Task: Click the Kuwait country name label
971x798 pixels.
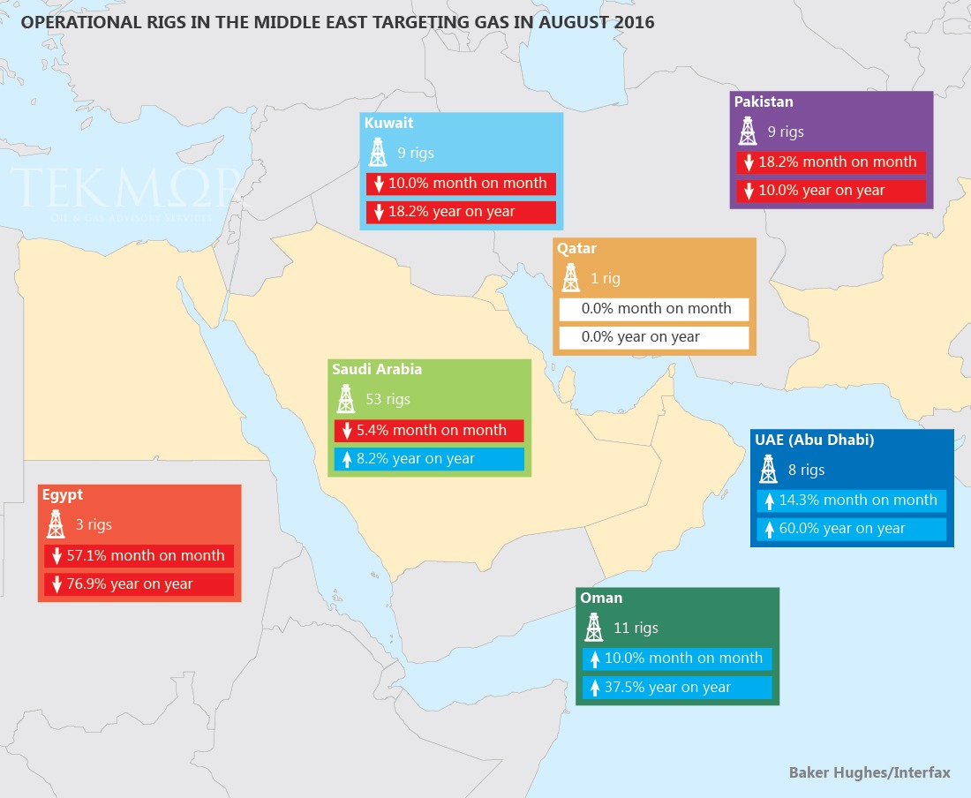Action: [x=388, y=124]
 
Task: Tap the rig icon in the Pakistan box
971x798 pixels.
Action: [x=748, y=132]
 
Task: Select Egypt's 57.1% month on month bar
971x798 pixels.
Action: [x=139, y=555]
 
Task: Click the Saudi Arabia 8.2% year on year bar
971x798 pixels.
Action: [x=429, y=459]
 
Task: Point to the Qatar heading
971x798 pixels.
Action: [x=576, y=249]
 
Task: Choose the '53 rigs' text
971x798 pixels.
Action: [x=388, y=399]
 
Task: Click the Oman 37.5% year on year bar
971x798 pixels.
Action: [x=677, y=688]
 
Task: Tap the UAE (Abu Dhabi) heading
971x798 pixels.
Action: [x=814, y=440]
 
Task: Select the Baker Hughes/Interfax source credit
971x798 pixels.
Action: [x=869, y=772]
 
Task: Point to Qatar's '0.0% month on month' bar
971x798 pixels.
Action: [x=654, y=309]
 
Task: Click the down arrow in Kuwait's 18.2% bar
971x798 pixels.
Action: [x=379, y=213]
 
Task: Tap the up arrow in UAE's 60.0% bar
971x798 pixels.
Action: [x=769, y=530]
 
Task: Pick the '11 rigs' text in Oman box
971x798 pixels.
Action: [x=636, y=628]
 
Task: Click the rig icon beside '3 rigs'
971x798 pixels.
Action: [x=56, y=524]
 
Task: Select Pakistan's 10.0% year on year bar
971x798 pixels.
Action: [x=831, y=191]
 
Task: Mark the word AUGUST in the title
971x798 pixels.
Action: [x=541, y=22]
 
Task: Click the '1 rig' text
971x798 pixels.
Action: [x=605, y=278]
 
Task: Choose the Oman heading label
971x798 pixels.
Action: [x=601, y=598]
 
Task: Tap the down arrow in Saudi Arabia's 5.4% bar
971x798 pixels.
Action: [x=347, y=432]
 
